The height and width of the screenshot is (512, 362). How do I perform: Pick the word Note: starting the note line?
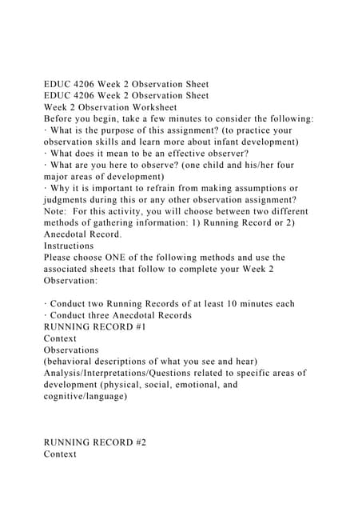click(58, 211)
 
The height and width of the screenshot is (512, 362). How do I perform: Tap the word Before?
click(61, 118)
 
